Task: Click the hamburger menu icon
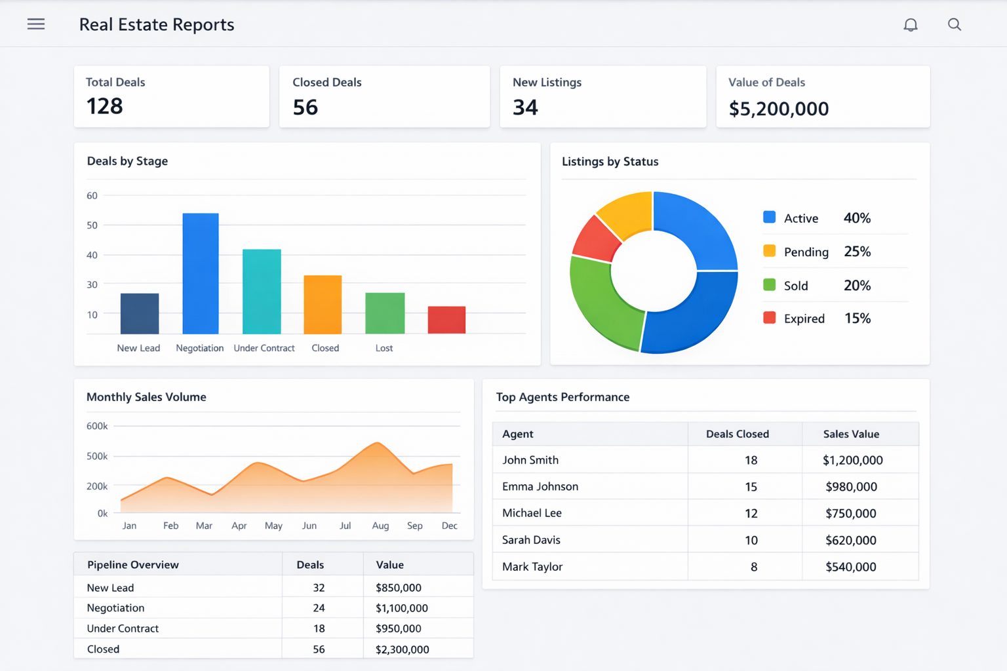[36, 24]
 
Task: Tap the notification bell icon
[910, 25]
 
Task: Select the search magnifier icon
[954, 25]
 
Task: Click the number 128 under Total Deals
[105, 106]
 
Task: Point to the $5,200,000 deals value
[778, 109]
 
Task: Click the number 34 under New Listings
[525, 107]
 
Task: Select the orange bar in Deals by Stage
[323, 305]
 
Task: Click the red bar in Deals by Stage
[446, 320]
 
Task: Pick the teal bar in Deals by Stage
[262, 292]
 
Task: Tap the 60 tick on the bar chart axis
[92, 196]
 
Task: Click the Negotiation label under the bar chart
[199, 348]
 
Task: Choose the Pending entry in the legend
[806, 252]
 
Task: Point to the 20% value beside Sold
[857, 286]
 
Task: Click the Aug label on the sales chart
[380, 526]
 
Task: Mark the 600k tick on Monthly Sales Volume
[97, 426]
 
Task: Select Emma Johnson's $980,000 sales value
[851, 487]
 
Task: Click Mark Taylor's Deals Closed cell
[753, 567]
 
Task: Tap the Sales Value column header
[851, 434]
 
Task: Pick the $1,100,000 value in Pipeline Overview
[401, 608]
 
